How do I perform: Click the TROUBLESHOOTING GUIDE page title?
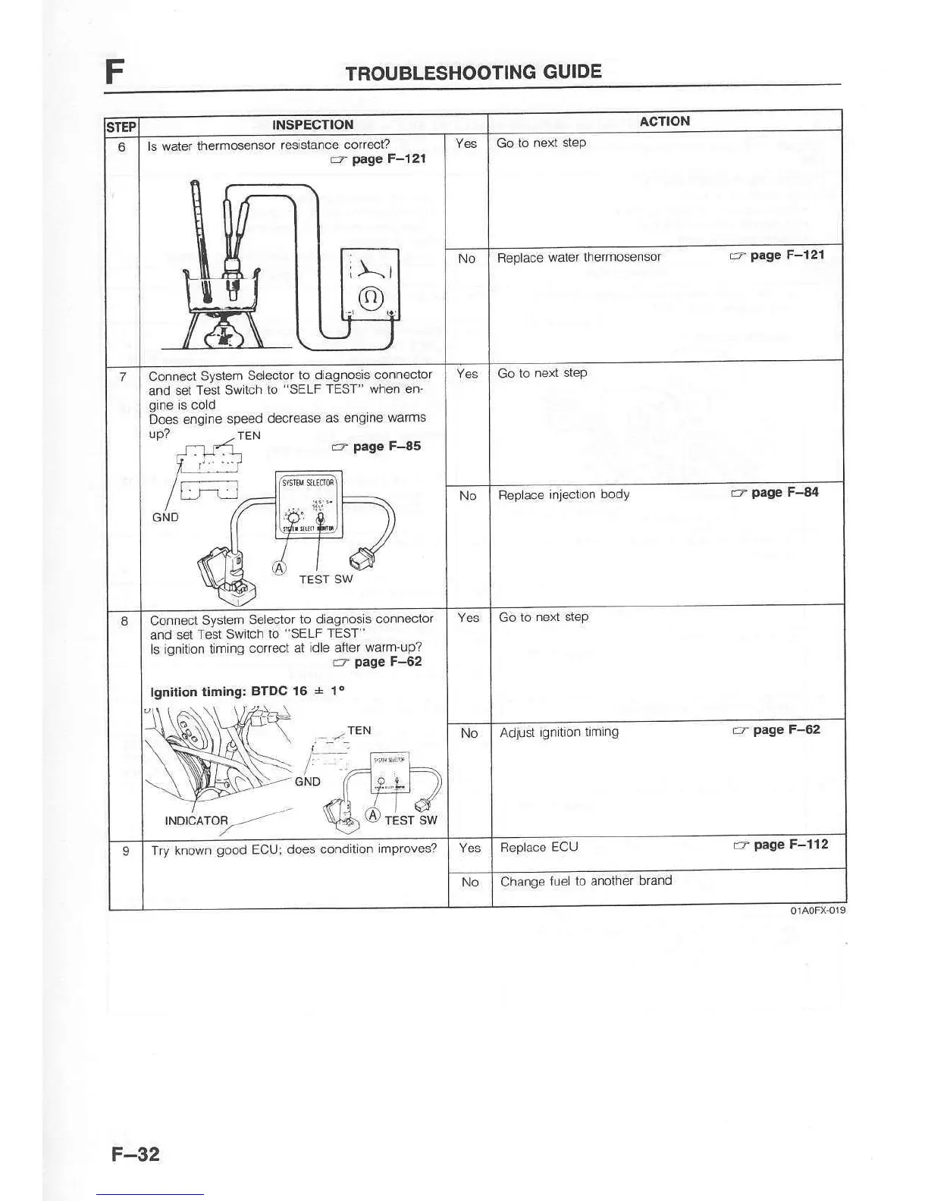(473, 72)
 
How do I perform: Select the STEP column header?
(121, 127)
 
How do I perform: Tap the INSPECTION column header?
(312, 124)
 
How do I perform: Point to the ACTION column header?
(664, 121)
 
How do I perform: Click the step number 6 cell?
(122, 146)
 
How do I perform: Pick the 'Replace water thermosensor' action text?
(578, 257)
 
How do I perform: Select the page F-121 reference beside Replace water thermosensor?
(777, 256)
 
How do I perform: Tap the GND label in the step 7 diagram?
(165, 517)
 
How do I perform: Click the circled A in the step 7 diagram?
(280, 567)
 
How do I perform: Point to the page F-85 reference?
(377, 447)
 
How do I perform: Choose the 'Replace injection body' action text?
(563, 494)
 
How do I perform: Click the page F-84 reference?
(776, 493)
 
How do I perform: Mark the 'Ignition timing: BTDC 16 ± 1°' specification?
(247, 691)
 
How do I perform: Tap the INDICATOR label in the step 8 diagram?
(196, 820)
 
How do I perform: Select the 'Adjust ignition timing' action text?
(559, 732)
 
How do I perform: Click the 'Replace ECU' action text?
(538, 847)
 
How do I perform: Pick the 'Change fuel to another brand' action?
(585, 880)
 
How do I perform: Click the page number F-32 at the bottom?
(136, 1154)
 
